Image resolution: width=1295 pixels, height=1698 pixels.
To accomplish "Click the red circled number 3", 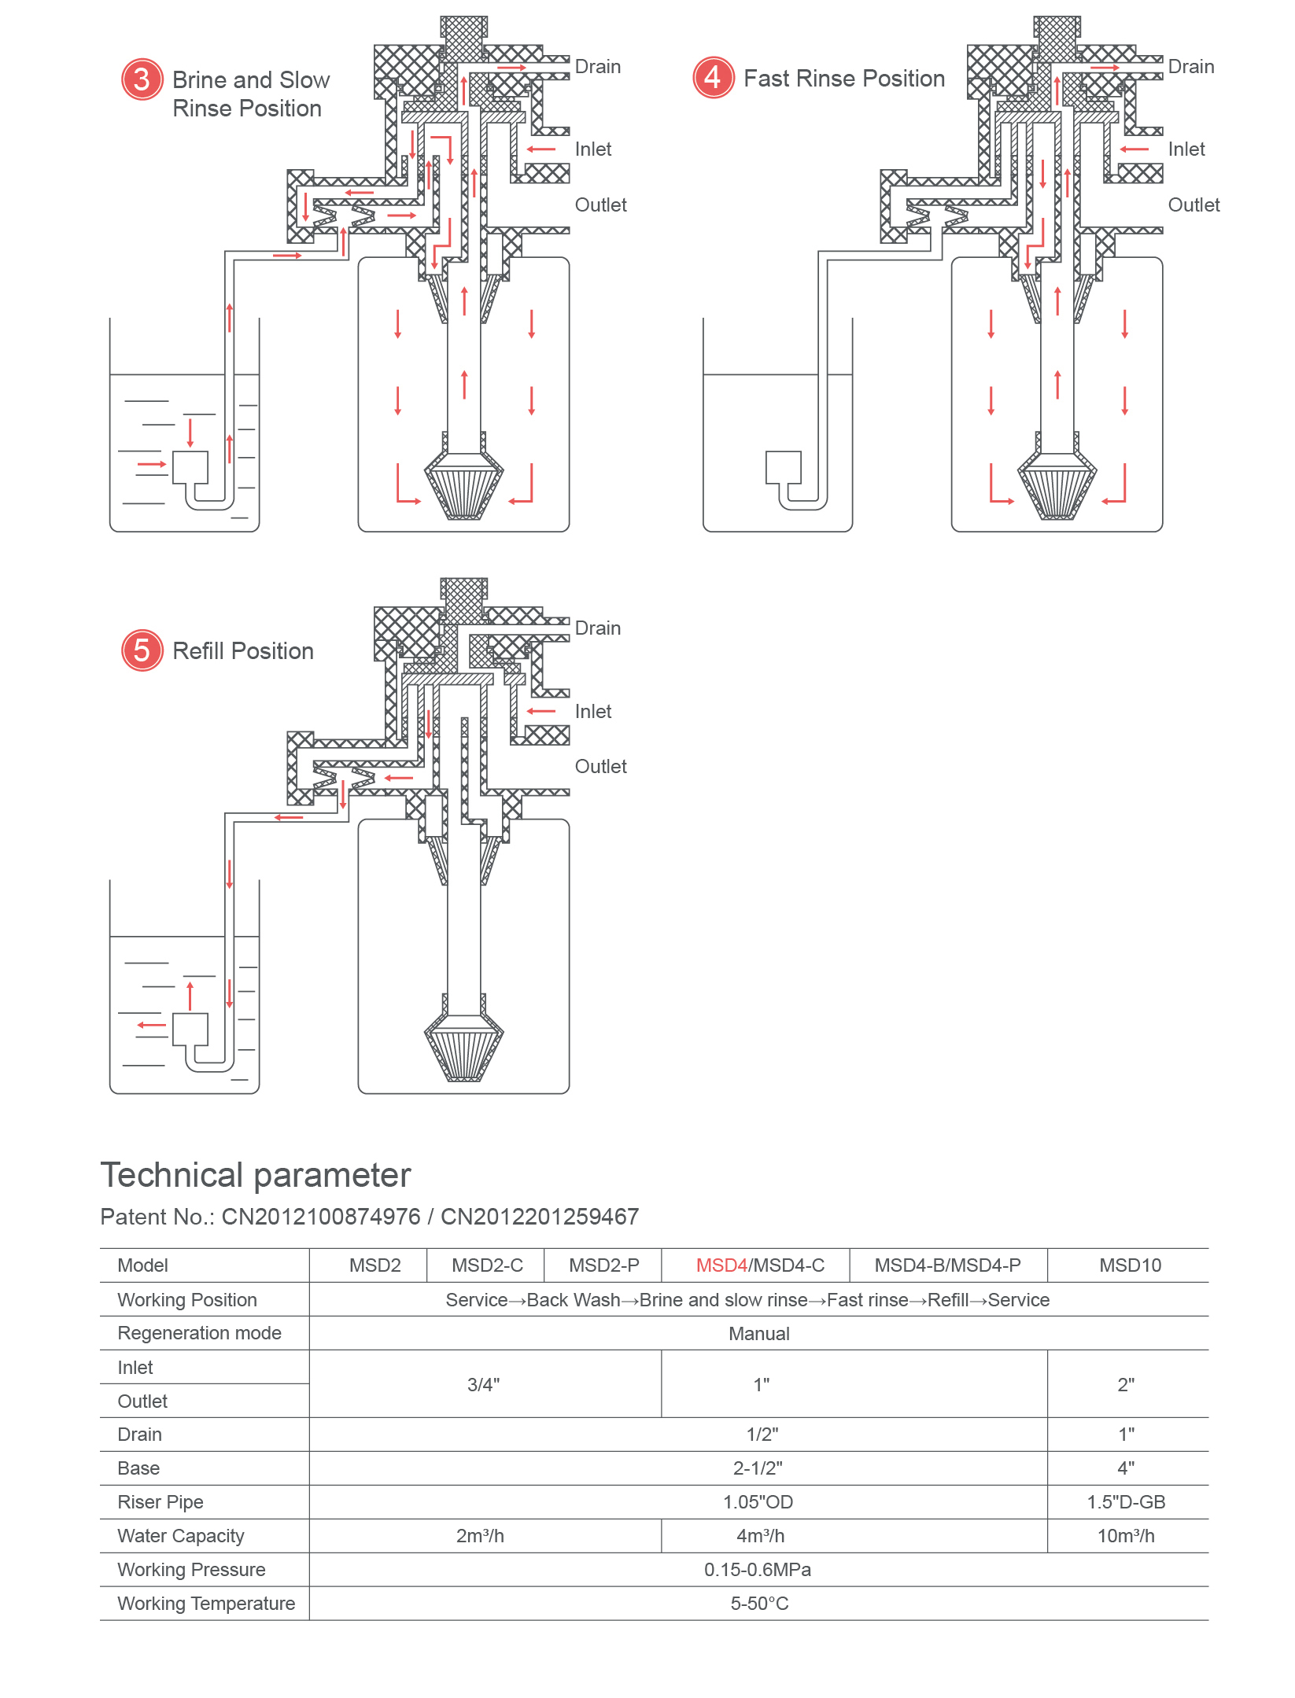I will click(142, 79).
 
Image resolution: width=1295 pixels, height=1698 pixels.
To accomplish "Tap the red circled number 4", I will click(713, 78).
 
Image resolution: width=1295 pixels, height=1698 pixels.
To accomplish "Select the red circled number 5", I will click(142, 650).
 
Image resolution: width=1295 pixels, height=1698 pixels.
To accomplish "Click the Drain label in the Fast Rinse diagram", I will click(1190, 67).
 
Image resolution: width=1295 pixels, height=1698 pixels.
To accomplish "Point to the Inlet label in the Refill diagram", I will click(592, 712).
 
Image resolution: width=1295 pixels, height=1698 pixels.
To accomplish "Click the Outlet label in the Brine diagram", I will click(600, 205).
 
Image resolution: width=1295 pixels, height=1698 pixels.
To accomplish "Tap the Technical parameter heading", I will click(256, 1175).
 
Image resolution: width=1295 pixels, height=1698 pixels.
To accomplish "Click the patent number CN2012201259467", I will click(539, 1217).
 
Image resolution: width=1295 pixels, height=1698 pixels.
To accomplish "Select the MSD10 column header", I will click(1130, 1265).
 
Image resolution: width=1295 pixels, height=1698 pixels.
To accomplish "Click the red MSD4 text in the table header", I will click(721, 1265).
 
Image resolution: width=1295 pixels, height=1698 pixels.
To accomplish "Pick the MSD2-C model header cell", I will click(487, 1265).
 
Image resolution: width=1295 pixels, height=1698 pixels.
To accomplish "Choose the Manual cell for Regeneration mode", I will click(758, 1334).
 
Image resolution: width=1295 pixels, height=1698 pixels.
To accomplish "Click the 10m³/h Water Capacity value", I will click(1126, 1536).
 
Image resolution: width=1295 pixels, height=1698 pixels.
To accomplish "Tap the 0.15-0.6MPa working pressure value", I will click(757, 1570).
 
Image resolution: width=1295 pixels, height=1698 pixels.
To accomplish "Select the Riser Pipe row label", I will click(160, 1502).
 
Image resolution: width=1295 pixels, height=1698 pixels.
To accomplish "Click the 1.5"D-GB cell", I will click(1126, 1502).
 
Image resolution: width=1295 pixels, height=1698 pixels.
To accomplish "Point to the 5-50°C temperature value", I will click(758, 1604).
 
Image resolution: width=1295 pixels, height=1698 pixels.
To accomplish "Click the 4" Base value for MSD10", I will click(1126, 1468).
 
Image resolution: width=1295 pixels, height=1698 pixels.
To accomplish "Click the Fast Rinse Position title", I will click(843, 79).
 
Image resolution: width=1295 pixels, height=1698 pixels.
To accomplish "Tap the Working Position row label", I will click(187, 1300).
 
